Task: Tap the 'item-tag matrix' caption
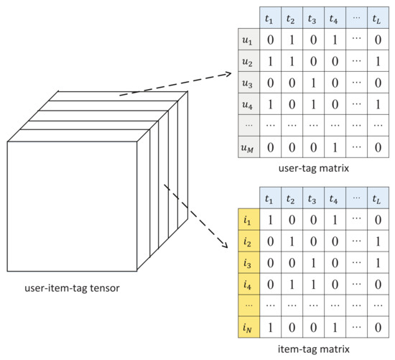pyautogui.click(x=316, y=349)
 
